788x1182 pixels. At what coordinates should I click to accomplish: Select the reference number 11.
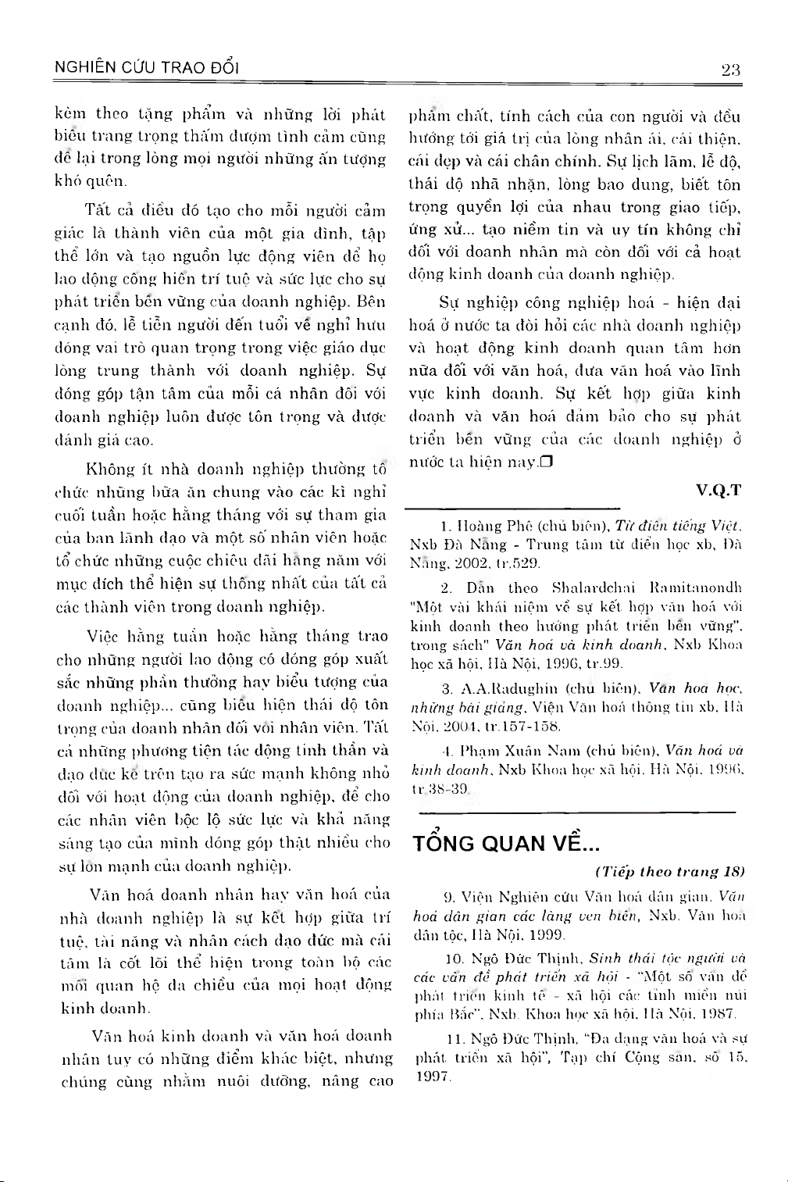(x=454, y=1039)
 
